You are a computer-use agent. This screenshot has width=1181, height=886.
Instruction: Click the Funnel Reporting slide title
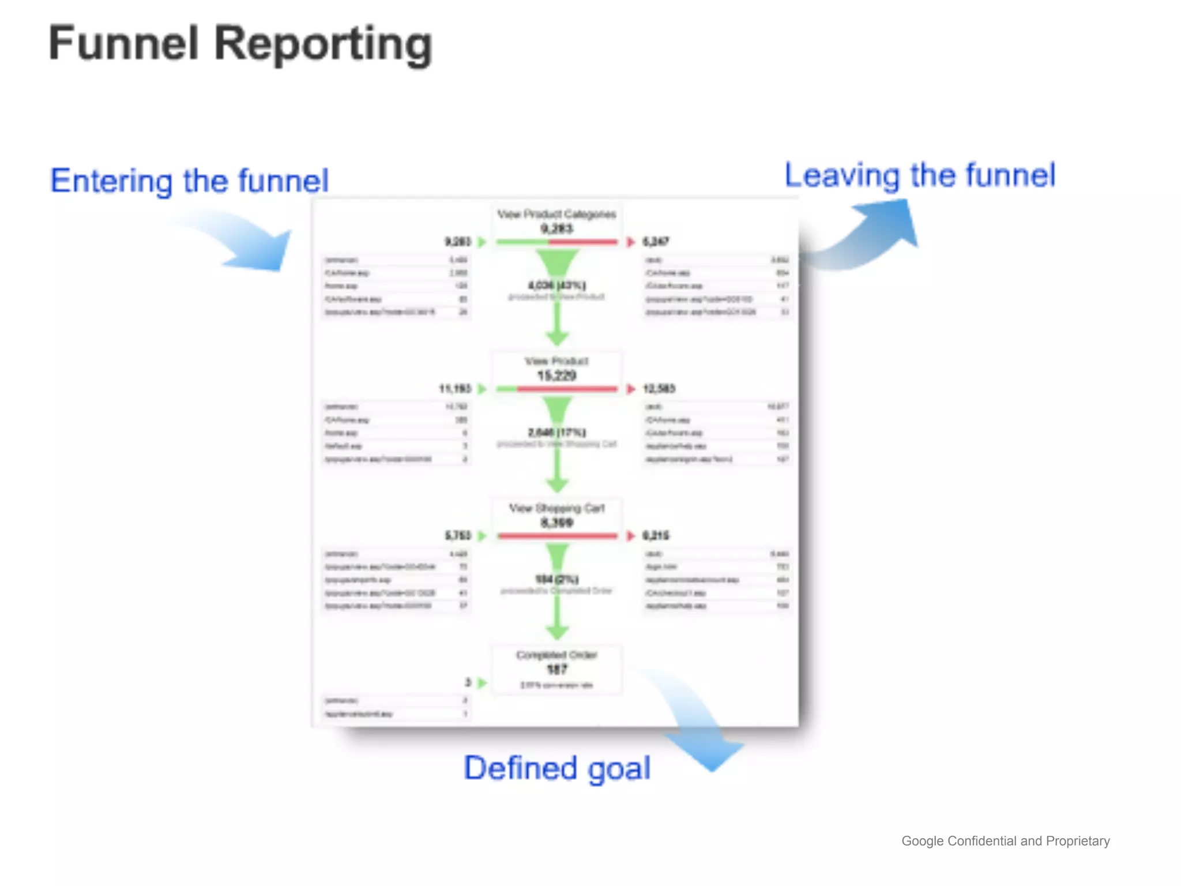point(240,44)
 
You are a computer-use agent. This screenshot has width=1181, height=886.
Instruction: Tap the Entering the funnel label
point(189,181)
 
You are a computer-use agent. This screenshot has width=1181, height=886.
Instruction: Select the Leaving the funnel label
point(920,175)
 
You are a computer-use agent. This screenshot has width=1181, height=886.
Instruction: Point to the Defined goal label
point(557,768)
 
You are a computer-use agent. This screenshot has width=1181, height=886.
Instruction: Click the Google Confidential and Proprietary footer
point(1005,841)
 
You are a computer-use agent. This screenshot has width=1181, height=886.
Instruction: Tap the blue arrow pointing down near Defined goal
point(698,727)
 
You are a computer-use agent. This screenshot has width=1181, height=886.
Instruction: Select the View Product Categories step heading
point(556,214)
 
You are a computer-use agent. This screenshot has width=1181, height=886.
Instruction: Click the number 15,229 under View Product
point(556,376)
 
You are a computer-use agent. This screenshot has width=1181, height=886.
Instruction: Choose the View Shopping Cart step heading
point(556,508)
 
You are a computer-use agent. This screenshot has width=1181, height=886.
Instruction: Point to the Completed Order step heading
point(556,655)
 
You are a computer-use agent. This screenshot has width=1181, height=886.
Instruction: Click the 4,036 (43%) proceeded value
point(556,285)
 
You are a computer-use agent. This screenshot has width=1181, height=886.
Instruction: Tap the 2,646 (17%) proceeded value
point(556,432)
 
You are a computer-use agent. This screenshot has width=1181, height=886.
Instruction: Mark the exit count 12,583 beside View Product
point(659,389)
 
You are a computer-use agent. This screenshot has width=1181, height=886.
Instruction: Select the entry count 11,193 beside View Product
point(454,389)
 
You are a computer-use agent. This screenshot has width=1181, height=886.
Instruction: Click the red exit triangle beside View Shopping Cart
point(631,536)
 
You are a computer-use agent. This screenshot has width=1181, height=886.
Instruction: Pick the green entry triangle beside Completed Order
point(483,683)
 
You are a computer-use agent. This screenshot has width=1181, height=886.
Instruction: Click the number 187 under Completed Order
point(556,670)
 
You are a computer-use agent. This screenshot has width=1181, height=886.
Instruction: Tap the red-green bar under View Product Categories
point(556,242)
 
